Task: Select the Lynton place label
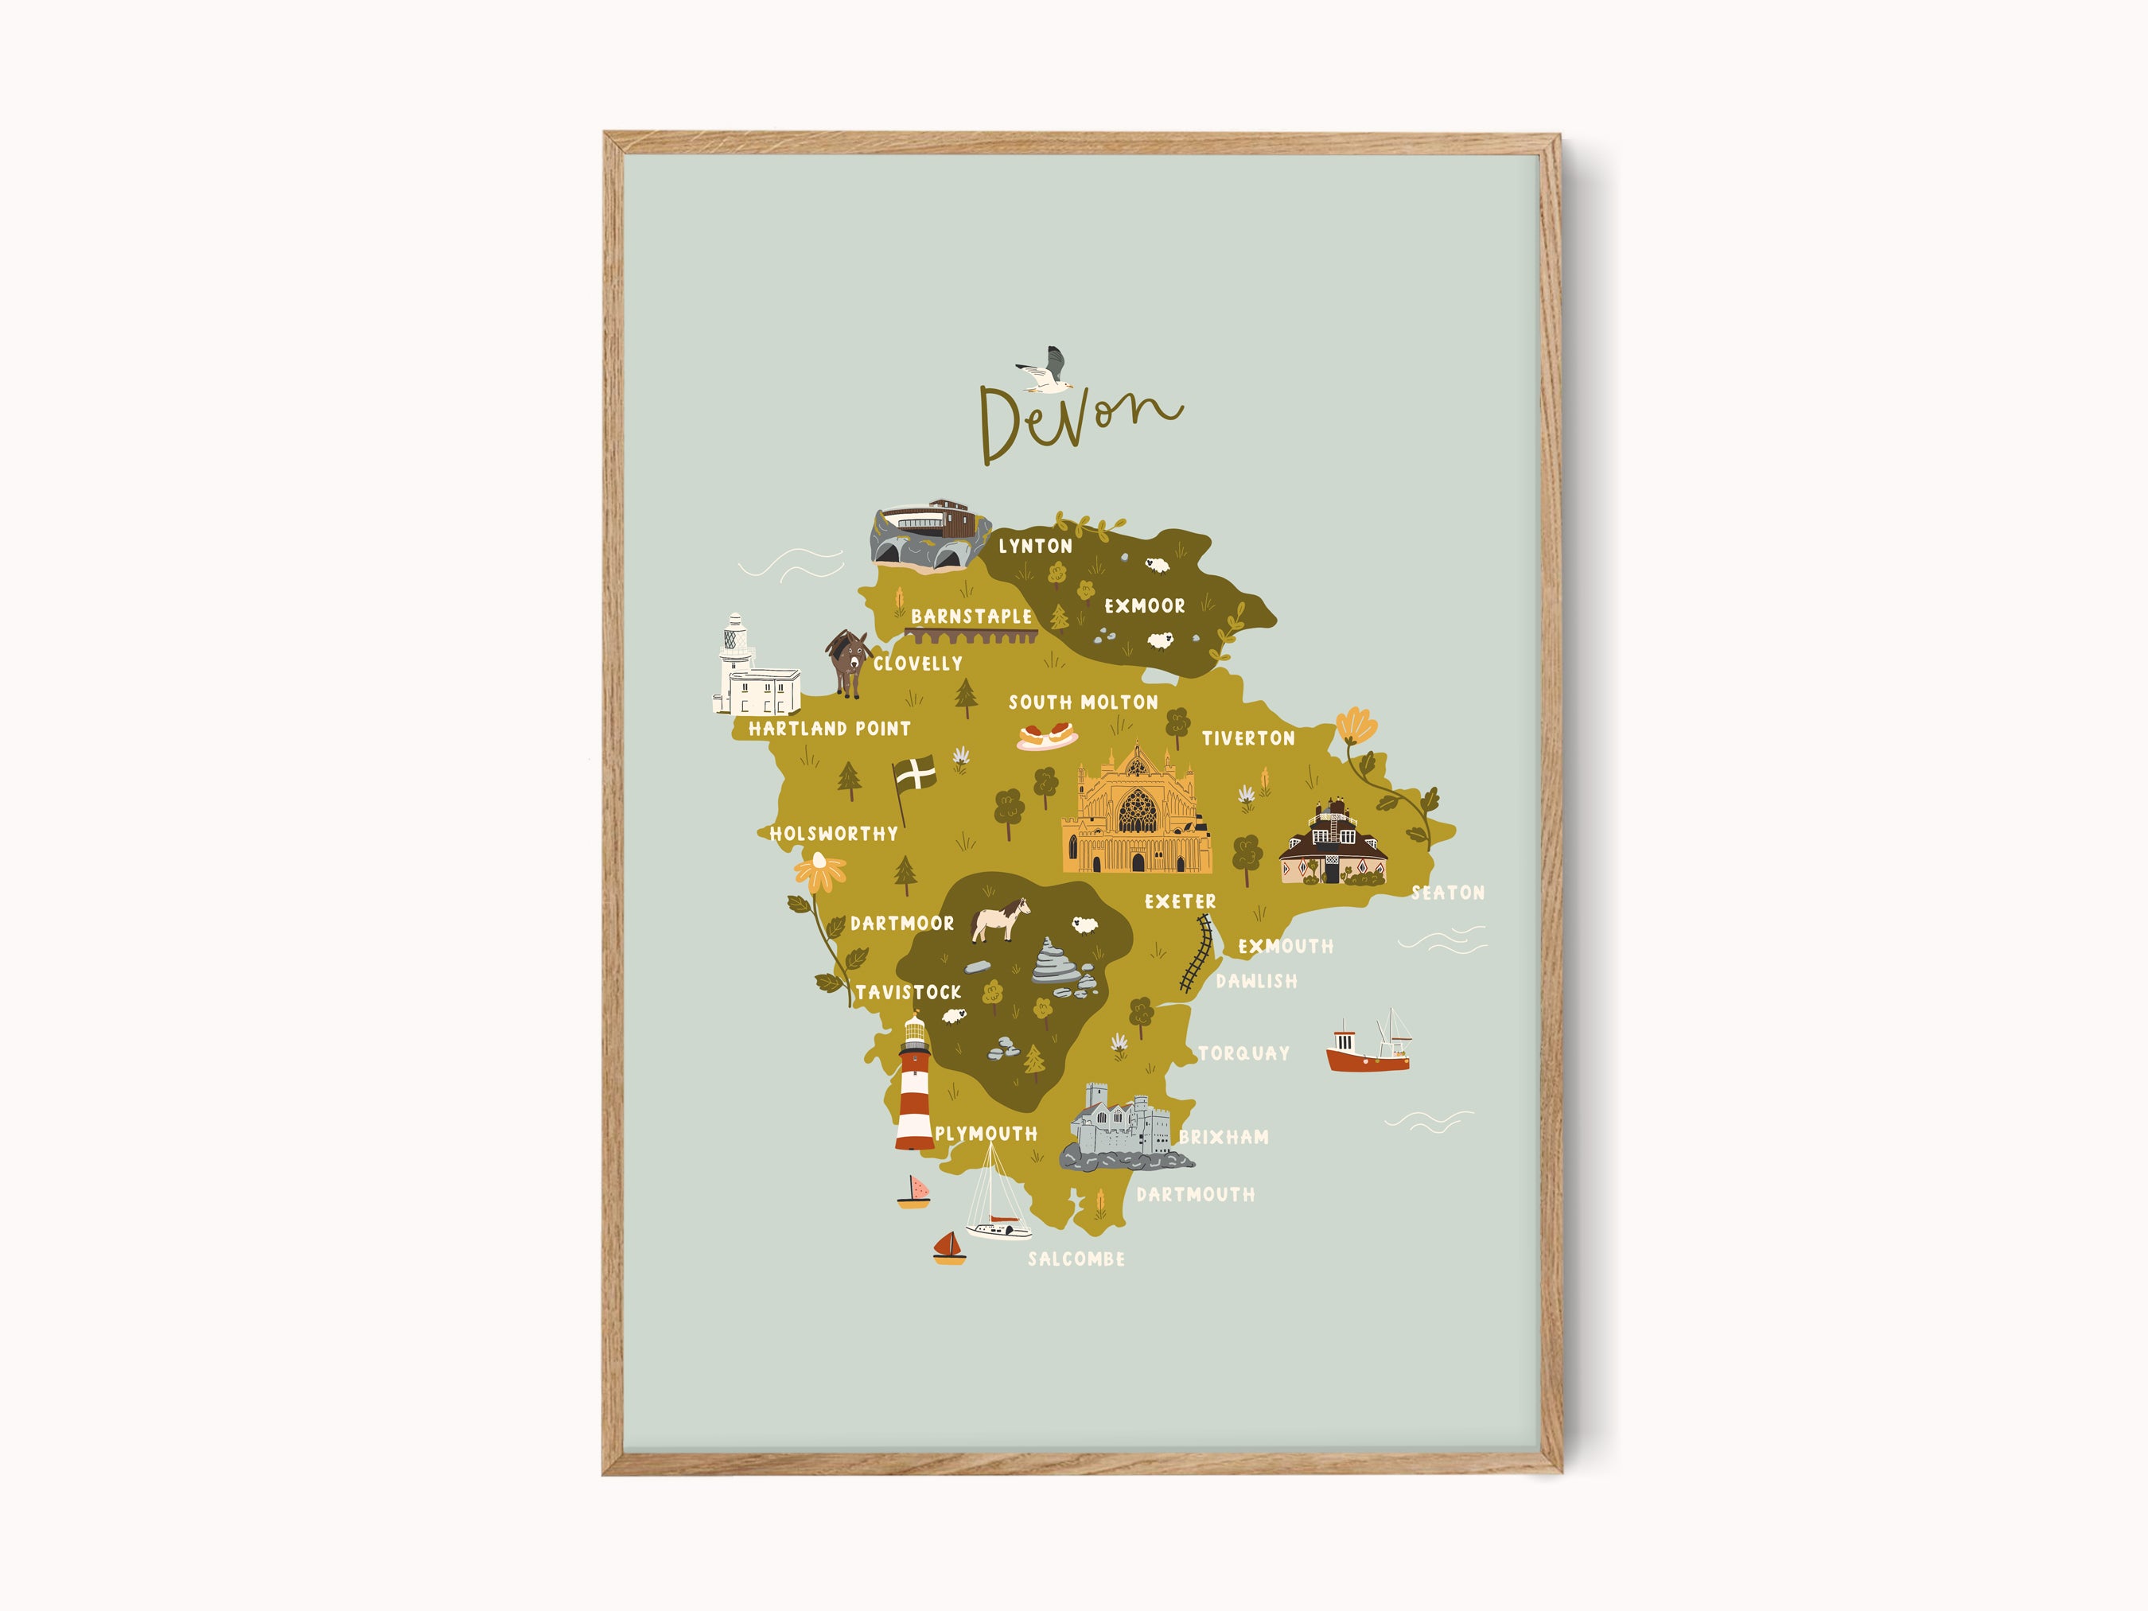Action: tap(1035, 547)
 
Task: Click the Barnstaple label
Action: tap(971, 617)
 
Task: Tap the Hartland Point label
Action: tap(829, 728)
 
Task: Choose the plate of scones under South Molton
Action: tap(1047, 736)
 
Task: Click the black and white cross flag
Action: tap(915, 776)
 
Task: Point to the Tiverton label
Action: tap(1247, 739)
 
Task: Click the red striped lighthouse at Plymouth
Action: tap(915, 1084)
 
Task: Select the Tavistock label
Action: tap(908, 992)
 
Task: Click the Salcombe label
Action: tap(1076, 1259)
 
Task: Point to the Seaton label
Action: tap(1447, 893)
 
